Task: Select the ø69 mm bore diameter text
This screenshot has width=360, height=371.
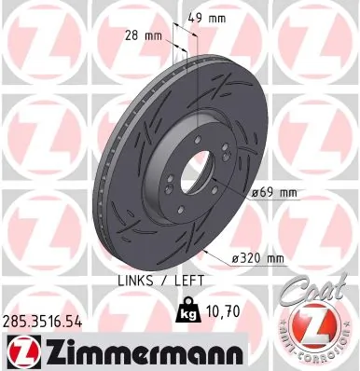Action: coord(273,193)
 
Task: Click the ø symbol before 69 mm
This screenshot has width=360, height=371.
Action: coord(256,193)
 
